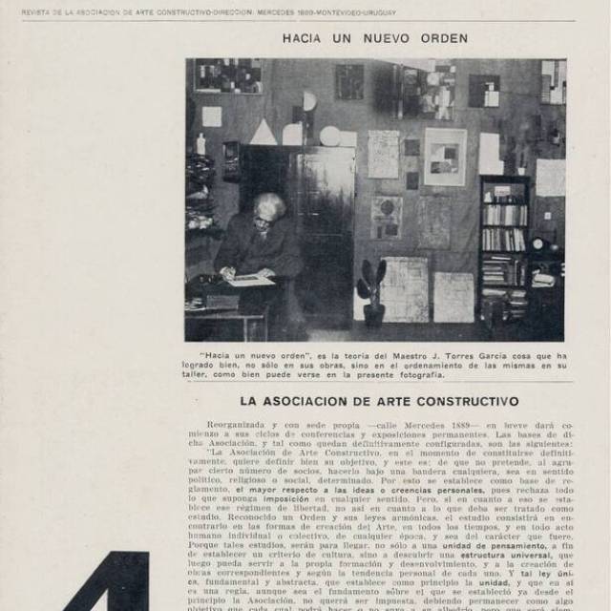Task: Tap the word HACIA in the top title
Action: [x=305, y=38]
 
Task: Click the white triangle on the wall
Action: [x=263, y=132]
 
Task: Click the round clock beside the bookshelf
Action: [x=538, y=243]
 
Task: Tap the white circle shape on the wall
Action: [x=329, y=136]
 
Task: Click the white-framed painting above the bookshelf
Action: [x=445, y=156]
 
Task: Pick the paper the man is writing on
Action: [x=251, y=280]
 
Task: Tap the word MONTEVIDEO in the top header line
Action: [x=337, y=12]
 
